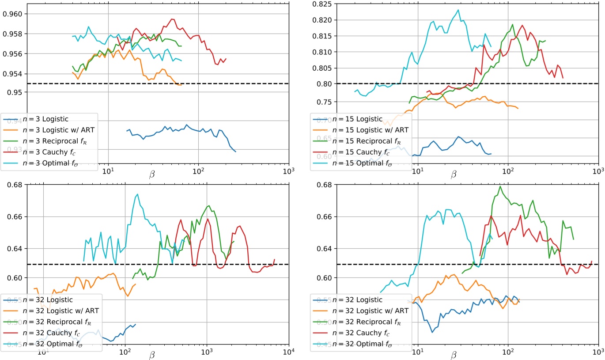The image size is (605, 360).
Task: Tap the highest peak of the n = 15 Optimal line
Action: click(x=458, y=10)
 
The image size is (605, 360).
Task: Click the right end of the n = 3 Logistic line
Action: click(x=235, y=152)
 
